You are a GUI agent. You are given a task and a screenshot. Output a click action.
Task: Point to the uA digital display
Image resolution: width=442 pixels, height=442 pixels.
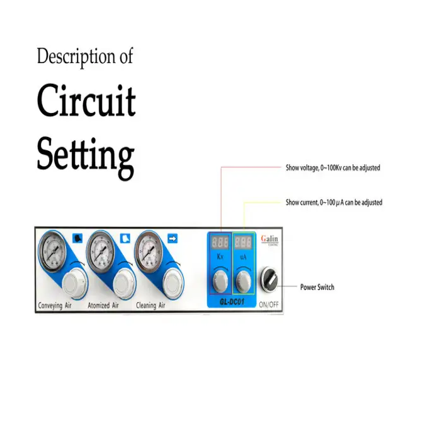(x=244, y=242)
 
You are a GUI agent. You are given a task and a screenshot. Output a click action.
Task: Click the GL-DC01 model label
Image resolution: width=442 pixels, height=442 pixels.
(x=232, y=302)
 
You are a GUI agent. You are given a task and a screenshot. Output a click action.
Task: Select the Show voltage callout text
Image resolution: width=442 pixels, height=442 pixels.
(x=333, y=168)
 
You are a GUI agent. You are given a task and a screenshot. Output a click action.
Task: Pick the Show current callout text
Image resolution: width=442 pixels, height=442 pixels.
(x=333, y=203)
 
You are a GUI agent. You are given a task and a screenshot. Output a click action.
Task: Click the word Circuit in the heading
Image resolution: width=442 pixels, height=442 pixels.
(x=87, y=101)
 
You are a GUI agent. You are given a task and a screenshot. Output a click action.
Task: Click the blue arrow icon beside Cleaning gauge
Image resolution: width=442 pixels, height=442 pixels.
(x=172, y=238)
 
